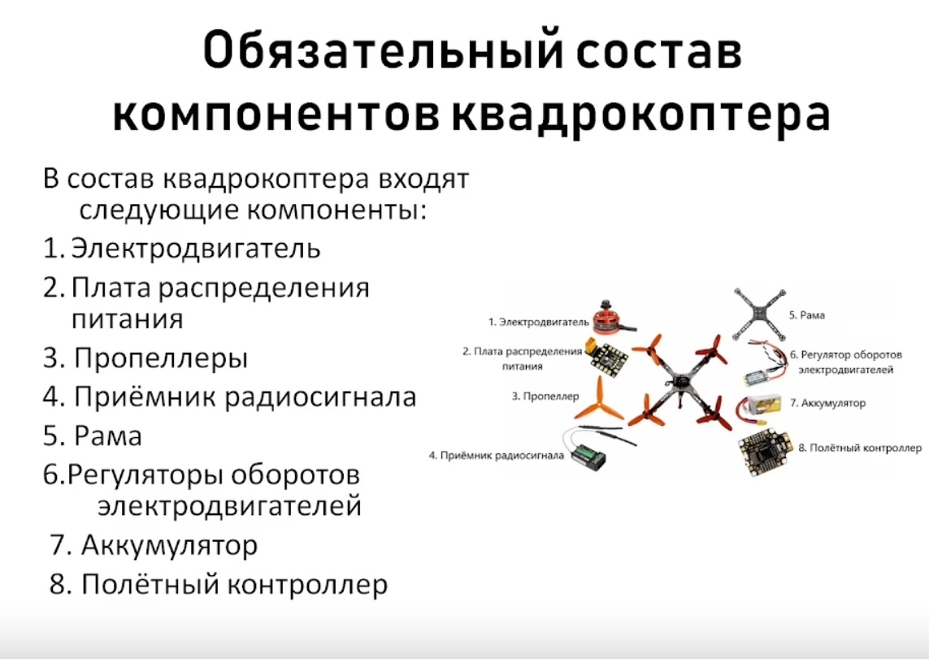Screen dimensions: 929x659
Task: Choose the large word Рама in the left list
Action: pyautogui.click(x=108, y=436)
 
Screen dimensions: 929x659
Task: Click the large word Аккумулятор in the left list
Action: pyautogui.click(x=169, y=544)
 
